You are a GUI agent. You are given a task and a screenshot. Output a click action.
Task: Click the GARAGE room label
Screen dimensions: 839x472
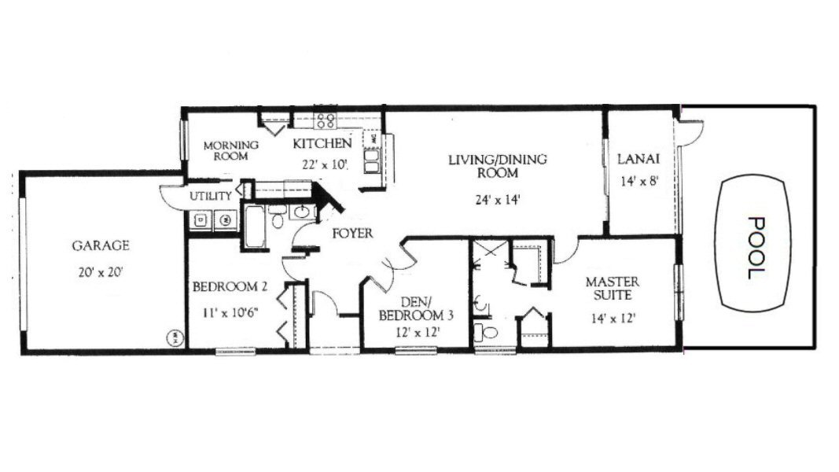(x=101, y=245)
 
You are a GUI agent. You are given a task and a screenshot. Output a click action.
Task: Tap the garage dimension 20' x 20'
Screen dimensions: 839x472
(x=101, y=272)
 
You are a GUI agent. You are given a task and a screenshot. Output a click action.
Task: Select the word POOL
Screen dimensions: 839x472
(x=756, y=248)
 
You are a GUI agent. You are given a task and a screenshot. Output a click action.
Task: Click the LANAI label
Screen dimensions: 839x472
(x=638, y=159)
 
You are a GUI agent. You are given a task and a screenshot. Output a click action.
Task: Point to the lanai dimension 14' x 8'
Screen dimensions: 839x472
(x=638, y=181)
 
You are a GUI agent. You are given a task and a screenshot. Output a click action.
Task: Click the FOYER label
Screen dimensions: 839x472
(x=352, y=234)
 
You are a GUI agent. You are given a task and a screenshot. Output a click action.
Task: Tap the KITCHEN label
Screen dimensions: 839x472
(x=322, y=143)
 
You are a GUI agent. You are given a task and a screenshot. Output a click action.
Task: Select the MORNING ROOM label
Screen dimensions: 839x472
(x=230, y=150)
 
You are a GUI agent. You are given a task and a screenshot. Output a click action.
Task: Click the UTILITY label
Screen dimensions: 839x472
(x=211, y=197)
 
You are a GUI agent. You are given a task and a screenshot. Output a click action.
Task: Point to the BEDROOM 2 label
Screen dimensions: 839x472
(x=230, y=287)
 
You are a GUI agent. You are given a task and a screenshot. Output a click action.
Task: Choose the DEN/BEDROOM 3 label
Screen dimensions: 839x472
(x=416, y=309)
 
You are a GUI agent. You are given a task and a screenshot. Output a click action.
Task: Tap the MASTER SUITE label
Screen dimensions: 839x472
(x=612, y=289)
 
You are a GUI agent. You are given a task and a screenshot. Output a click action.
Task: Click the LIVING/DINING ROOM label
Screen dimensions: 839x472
(x=498, y=166)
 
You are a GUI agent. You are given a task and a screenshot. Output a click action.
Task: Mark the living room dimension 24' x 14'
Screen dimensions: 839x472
(x=498, y=200)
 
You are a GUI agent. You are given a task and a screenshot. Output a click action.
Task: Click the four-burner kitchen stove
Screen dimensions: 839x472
(x=326, y=120)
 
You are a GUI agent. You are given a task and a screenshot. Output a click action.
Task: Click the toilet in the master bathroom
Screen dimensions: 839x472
(x=486, y=333)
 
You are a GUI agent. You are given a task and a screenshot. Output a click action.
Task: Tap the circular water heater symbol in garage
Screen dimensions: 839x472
(x=175, y=337)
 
